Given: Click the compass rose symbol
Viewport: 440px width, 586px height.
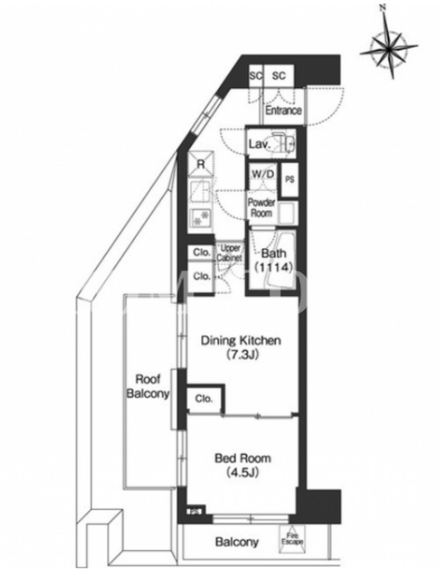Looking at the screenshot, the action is [389, 48].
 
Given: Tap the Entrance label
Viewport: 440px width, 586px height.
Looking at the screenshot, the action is [283, 111].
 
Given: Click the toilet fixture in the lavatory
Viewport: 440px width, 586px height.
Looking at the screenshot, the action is [285, 141].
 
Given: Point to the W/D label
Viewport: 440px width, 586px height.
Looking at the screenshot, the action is [263, 174].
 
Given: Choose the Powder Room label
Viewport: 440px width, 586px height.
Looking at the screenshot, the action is [262, 208].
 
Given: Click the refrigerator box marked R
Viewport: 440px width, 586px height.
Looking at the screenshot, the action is [201, 163].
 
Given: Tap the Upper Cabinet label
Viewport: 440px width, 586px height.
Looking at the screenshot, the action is [230, 253].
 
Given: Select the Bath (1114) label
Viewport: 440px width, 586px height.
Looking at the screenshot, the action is [274, 260].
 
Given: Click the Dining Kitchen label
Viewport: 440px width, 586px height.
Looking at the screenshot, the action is [241, 341].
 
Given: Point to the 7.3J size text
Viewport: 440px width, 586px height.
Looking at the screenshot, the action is [243, 355].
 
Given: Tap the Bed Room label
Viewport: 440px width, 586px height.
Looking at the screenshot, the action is [243, 459].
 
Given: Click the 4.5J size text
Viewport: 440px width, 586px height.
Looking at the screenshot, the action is [243, 472].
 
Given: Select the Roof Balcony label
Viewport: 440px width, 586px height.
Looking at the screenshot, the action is [148, 387].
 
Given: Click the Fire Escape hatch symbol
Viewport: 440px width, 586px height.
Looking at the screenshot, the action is [292, 539].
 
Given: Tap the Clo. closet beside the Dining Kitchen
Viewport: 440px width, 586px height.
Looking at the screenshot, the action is [205, 398].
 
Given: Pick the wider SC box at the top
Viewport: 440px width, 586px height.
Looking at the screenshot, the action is [279, 76].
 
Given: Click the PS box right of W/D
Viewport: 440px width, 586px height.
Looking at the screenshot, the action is [290, 179].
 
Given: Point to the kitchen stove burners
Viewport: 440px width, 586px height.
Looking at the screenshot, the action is [200, 218].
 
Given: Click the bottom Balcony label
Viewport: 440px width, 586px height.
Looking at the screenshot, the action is [237, 542].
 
